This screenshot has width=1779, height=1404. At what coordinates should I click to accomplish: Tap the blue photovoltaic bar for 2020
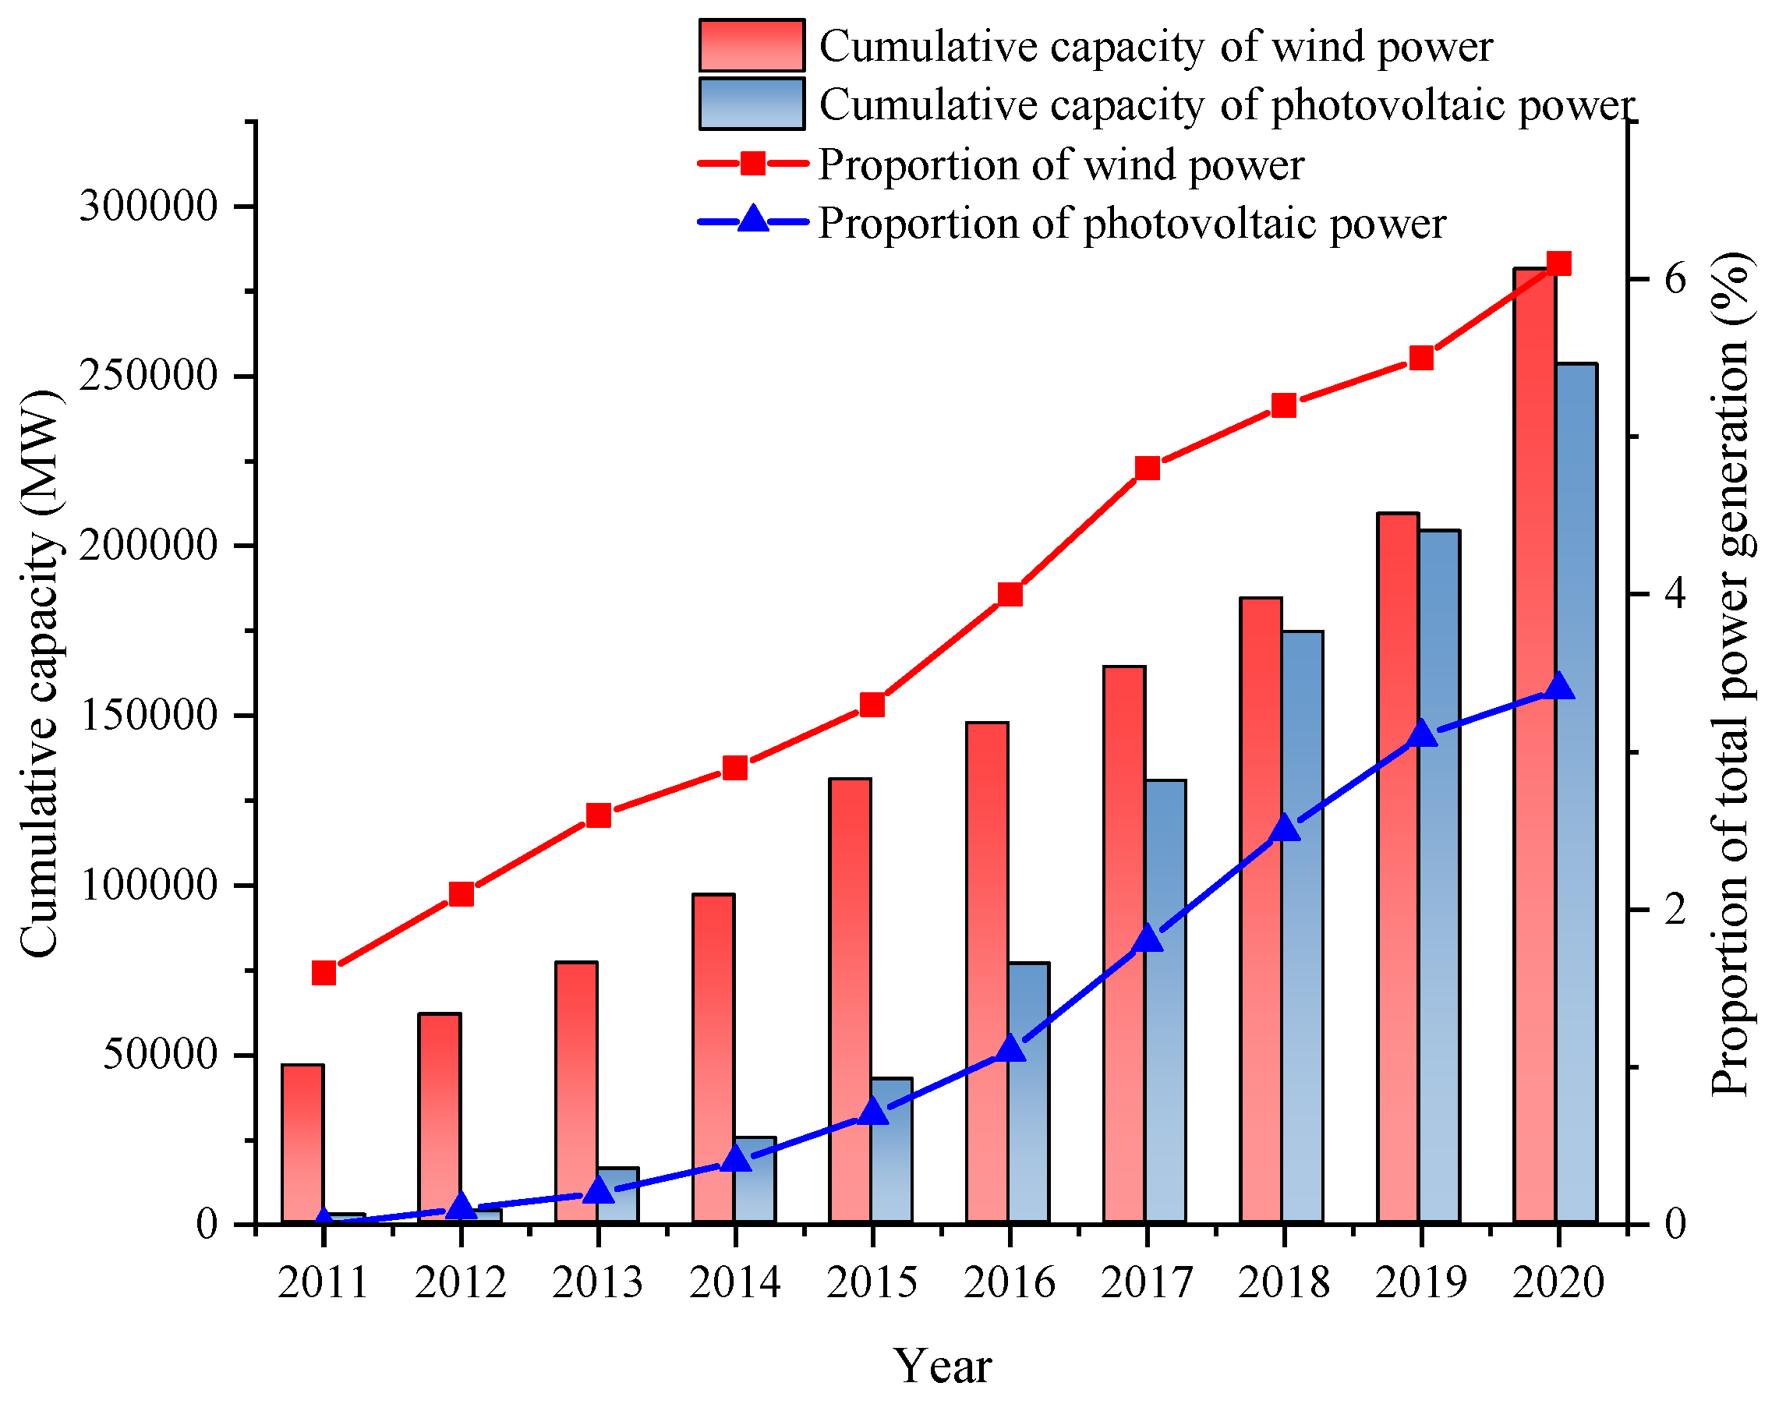click(x=1577, y=822)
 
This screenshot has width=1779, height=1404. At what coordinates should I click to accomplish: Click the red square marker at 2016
click(x=1010, y=594)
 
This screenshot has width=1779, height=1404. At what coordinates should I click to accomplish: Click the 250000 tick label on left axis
click(x=149, y=377)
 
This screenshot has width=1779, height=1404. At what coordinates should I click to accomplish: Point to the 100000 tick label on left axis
click(x=149, y=886)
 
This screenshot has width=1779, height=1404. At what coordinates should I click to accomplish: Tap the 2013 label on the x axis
click(x=598, y=1283)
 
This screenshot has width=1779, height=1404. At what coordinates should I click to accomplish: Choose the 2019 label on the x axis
click(x=1421, y=1283)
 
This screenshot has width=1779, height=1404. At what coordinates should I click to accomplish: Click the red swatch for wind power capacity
click(x=752, y=46)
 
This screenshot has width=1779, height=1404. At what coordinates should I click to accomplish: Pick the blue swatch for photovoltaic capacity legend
click(x=752, y=104)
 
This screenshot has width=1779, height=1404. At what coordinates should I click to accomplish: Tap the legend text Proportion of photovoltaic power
click(x=1131, y=224)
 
